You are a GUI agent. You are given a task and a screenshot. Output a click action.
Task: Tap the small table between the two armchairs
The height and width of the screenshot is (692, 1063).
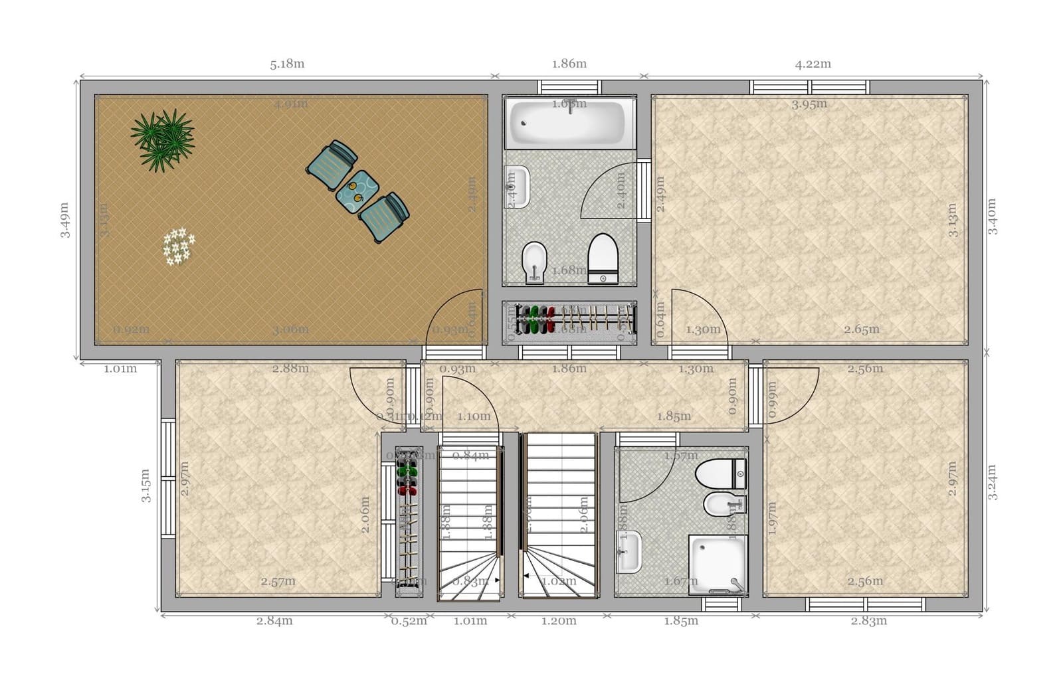(357, 191)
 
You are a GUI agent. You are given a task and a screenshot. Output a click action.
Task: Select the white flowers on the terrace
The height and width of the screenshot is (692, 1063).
(178, 246)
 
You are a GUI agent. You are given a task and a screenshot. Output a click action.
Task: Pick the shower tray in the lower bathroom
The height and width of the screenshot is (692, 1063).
(718, 564)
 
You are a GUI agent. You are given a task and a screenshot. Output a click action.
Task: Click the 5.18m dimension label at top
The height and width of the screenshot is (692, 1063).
(287, 64)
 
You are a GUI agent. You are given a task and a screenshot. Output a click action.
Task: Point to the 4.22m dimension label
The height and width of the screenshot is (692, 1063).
(813, 64)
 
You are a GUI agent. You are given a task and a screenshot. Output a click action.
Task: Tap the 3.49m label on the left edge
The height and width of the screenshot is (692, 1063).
(64, 220)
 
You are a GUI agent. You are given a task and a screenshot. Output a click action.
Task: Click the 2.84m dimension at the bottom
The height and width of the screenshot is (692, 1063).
(274, 621)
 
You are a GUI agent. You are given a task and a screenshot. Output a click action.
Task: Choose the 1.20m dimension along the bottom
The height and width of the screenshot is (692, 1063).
(558, 621)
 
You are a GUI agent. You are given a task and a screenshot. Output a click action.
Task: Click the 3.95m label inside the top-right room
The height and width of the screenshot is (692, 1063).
(809, 104)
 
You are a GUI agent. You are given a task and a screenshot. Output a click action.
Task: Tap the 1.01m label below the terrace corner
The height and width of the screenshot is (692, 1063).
(120, 369)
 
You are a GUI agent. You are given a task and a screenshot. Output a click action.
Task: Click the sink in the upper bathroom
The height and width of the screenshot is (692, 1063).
(518, 187)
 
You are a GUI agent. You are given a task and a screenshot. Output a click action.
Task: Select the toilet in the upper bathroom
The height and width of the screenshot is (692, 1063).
(603, 258)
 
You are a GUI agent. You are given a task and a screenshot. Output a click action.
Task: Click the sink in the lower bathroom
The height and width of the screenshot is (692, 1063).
(628, 552)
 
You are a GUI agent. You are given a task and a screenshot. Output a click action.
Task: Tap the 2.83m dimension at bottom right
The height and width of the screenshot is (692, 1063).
(868, 621)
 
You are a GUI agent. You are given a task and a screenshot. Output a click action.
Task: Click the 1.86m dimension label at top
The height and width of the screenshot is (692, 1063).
(569, 64)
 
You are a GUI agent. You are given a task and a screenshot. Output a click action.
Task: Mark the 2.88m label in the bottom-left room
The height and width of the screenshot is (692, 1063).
(290, 368)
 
